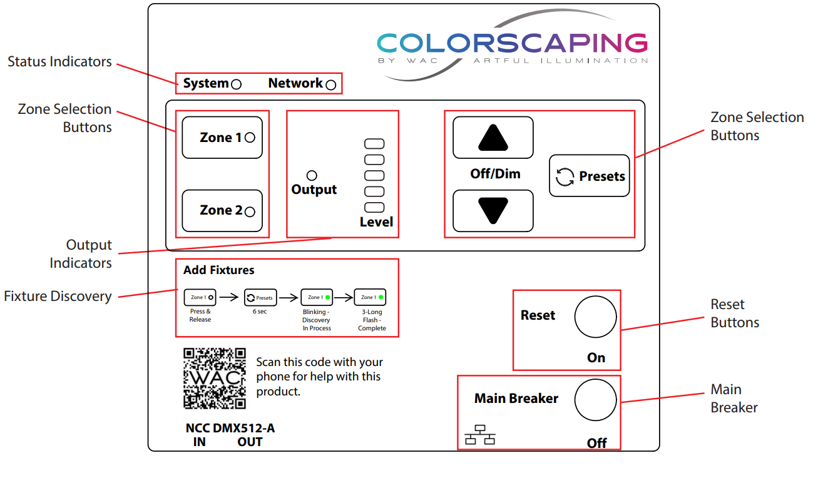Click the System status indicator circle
point(237,84)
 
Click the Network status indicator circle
point(331,84)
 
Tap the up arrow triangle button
point(493,138)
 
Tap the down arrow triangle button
point(493,211)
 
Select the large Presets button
point(590,176)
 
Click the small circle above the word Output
point(312,176)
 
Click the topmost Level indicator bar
point(374,144)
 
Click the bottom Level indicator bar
point(374,208)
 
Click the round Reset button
point(596,317)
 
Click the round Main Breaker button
point(596,400)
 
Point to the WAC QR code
point(215,379)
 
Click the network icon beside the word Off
point(480,435)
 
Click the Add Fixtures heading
point(219,270)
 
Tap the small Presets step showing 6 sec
point(260,298)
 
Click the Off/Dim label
point(495,174)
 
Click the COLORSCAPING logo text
point(513,43)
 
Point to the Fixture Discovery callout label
point(58,296)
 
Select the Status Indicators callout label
point(59,61)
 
